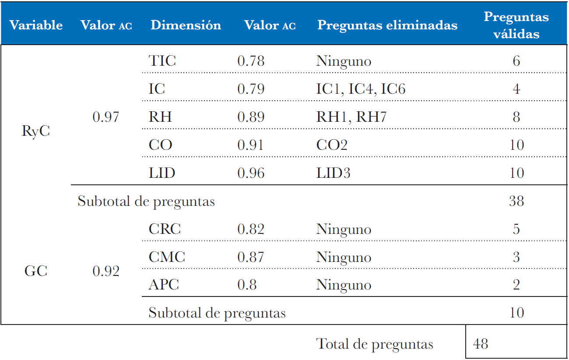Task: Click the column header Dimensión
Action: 186,25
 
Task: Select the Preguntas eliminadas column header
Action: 387,25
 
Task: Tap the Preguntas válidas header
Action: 516,25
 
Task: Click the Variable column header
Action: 36,25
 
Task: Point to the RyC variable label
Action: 36,131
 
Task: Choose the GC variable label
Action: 36,272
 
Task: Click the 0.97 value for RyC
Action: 106,117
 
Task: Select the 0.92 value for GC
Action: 106,272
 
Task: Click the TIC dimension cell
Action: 162,61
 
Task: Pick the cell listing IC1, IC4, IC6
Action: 361,89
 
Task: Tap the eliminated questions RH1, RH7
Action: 351,117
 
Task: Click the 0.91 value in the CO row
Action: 251,145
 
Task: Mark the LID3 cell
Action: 333,173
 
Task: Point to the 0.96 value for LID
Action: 251,173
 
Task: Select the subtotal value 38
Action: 516,201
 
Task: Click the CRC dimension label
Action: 165,229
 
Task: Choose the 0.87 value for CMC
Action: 251,257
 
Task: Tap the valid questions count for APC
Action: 516,285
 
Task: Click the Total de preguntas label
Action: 375,344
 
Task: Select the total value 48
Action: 481,344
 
